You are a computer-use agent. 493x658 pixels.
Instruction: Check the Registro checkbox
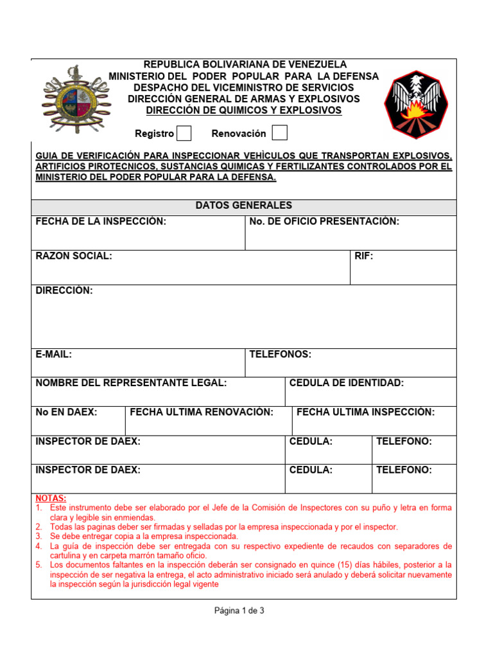point(184,134)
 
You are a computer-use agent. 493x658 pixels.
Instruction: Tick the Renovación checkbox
point(279,133)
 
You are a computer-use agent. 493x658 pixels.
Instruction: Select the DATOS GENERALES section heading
point(243,206)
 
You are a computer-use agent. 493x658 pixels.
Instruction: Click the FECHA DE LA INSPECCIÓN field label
point(101,222)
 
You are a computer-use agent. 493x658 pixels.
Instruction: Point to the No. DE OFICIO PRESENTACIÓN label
point(324,222)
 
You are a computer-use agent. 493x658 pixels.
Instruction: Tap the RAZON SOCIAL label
point(74,256)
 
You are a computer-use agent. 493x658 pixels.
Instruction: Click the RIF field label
point(364,256)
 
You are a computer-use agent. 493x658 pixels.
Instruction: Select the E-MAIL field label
point(54,355)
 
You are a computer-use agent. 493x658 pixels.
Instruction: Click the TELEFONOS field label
point(280,355)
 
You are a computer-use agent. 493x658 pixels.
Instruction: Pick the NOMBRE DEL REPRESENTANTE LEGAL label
point(131,383)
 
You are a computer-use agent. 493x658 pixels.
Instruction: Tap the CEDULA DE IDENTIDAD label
point(347,383)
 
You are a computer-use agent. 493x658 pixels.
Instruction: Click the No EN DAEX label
point(67,412)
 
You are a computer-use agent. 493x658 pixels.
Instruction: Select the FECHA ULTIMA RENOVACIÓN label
point(202,412)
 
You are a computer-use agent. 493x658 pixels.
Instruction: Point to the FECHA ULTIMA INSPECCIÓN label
point(365,412)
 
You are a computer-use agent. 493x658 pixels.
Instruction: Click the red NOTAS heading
point(50,499)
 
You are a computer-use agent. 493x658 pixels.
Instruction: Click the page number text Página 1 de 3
point(239,611)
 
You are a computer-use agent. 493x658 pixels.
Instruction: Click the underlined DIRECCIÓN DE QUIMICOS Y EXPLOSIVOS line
point(244,111)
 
